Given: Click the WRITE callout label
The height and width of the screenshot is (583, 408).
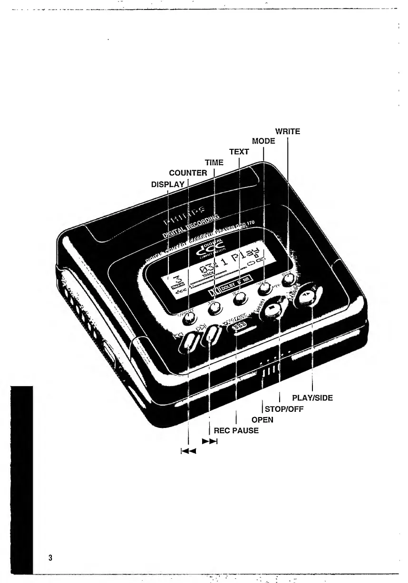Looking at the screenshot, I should pos(288,131).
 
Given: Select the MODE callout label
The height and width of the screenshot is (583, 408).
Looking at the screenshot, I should pos(263,142).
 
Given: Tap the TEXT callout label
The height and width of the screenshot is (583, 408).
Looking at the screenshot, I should pos(239,152).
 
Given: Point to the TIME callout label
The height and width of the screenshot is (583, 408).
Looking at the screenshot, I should pos(214,163).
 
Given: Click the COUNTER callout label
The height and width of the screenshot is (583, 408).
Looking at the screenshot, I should pos(188,173).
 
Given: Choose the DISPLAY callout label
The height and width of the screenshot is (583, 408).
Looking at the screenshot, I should pos(167,183).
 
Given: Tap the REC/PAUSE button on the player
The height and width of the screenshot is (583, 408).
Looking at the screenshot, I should pos(238,326).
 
